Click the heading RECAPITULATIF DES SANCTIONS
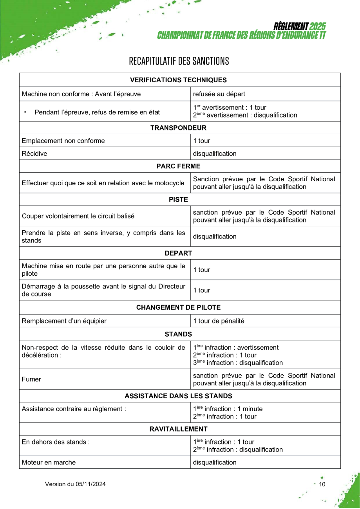click(x=179, y=61)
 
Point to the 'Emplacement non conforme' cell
click(x=63, y=141)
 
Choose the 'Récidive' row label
click(x=34, y=154)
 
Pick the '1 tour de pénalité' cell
click(x=219, y=321)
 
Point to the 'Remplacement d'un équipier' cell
click(x=64, y=321)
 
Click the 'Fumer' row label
click(x=31, y=379)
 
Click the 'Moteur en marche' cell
click(x=49, y=462)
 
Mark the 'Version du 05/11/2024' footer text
click(x=75, y=484)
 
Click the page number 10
click(x=322, y=484)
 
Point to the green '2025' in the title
click(x=317, y=27)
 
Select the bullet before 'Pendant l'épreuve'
click(x=25, y=112)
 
